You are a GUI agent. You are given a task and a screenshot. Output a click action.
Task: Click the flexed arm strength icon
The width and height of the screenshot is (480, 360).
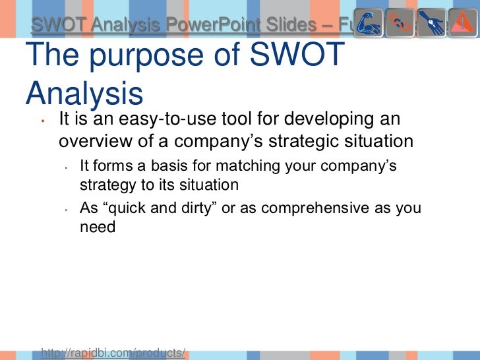(x=368, y=24)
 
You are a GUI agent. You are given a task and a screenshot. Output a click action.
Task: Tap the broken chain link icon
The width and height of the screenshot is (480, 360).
(x=400, y=24)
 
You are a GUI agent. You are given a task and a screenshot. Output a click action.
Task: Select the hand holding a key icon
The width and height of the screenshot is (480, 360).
(x=431, y=24)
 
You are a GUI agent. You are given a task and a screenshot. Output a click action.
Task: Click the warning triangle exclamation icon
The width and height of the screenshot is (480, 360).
(x=463, y=24)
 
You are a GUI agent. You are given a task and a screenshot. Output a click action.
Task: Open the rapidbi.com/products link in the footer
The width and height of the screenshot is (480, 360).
(x=113, y=353)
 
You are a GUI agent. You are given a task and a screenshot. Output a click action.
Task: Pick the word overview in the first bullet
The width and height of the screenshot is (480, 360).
(x=96, y=142)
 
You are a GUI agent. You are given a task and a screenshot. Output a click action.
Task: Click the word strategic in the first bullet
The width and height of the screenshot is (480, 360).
(x=326, y=142)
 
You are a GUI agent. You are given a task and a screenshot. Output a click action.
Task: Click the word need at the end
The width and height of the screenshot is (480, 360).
(x=98, y=227)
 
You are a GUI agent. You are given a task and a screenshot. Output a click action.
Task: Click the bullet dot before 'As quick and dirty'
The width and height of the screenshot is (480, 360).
(x=67, y=210)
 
